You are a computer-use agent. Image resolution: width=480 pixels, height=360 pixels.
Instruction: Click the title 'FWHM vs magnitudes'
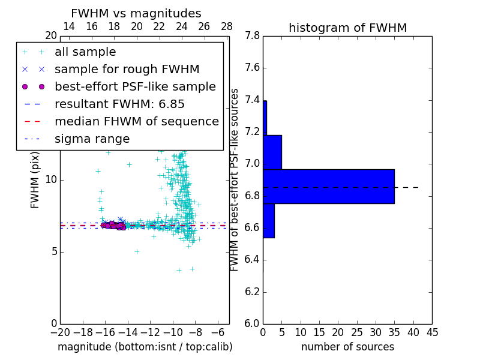point(136,13)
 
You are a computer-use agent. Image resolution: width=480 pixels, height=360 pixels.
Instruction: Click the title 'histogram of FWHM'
point(347,28)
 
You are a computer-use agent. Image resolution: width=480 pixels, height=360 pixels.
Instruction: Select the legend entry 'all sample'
point(85,52)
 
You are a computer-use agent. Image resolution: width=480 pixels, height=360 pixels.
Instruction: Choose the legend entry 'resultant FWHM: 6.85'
point(119,104)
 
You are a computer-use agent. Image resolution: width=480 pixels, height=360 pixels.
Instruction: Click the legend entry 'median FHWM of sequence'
point(136,122)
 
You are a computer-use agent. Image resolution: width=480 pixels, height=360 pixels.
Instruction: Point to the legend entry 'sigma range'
point(92,139)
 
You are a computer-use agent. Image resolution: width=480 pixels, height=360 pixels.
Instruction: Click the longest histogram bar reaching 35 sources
point(328,187)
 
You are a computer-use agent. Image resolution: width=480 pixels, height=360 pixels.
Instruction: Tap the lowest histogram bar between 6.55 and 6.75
point(269,221)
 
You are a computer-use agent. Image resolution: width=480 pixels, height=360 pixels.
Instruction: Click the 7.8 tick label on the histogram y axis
point(252,36)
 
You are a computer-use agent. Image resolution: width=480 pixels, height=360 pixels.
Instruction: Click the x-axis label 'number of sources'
point(347,347)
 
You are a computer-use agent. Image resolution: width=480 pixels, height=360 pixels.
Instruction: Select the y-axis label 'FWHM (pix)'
point(35,179)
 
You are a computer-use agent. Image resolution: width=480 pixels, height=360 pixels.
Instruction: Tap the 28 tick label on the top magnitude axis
point(227,26)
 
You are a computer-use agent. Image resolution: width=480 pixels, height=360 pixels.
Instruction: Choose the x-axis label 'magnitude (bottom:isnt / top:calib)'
point(145,347)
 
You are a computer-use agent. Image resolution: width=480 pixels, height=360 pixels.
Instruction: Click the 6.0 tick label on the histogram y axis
point(252,324)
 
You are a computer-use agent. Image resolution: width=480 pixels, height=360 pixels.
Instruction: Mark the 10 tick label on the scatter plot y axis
point(51,180)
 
